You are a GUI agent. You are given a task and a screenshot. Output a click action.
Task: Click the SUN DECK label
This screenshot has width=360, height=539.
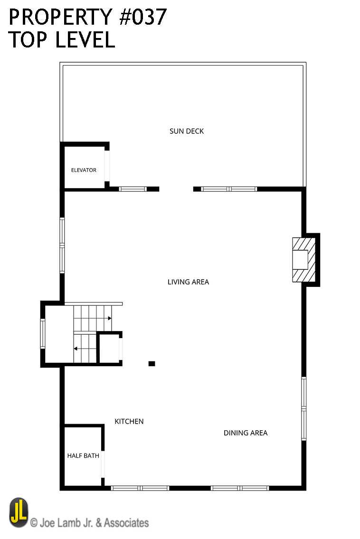tap(187, 131)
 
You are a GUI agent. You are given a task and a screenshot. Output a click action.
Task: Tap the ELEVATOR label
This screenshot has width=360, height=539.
tap(84, 170)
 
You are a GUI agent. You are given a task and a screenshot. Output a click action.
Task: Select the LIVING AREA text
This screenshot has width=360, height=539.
tap(188, 282)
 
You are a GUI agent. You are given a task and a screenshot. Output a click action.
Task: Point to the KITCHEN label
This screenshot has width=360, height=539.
tap(129, 421)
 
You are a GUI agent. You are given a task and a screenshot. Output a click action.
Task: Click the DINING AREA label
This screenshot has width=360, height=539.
tap(246, 433)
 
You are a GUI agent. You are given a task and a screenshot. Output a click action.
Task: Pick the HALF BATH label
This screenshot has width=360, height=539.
tap(83, 456)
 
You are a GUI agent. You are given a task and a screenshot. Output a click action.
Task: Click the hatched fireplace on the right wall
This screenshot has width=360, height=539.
tap(304, 260)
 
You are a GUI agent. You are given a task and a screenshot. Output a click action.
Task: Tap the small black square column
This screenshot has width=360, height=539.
tap(152, 364)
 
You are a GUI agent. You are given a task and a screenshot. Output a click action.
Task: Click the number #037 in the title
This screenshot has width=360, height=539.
tap(143, 17)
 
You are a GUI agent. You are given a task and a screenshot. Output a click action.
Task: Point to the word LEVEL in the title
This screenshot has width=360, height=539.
tap(85, 39)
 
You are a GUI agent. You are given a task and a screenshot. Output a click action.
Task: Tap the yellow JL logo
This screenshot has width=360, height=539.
tap(19, 512)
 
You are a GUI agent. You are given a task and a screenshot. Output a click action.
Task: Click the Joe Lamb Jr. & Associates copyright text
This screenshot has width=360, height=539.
tap(89, 523)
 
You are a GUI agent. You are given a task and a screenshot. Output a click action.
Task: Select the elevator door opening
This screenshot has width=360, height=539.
tap(107, 166)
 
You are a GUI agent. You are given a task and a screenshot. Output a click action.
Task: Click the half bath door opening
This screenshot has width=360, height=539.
tap(103, 464)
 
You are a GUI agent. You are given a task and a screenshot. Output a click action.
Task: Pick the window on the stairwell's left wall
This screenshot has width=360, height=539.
tap(43, 334)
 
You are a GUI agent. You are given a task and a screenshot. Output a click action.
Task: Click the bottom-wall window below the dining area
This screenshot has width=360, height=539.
tap(240, 488)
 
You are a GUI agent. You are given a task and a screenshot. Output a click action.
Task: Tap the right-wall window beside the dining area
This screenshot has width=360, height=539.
tap(304, 409)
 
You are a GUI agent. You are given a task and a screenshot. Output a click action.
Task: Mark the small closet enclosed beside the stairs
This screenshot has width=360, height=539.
tap(109, 348)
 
